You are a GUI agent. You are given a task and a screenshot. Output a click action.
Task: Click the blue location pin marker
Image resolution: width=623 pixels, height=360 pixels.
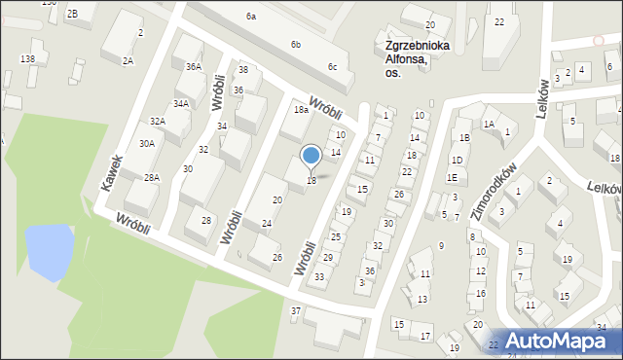point(311,157)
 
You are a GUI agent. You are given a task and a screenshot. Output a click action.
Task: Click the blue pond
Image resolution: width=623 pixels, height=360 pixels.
point(49,249)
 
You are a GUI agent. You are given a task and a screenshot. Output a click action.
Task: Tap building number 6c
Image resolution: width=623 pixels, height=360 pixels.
point(333,66)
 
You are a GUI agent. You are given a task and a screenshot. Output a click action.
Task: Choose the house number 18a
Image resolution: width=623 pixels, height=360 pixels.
point(302,110)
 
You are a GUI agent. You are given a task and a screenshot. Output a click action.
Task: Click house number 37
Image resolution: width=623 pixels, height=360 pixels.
point(296,310)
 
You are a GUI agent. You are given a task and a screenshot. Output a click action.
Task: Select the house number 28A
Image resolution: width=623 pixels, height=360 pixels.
point(152,177)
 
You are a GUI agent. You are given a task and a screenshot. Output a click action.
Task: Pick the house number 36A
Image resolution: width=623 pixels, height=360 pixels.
point(194,66)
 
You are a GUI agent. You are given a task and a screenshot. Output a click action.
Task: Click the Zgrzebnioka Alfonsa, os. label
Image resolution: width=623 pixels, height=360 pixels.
point(416,57)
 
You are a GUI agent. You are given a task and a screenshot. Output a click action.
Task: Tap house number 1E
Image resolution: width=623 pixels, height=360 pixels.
point(452,178)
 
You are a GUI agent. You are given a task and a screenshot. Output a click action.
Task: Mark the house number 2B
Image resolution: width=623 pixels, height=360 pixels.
point(73,13)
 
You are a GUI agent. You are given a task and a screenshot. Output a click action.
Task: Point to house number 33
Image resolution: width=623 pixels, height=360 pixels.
point(319,277)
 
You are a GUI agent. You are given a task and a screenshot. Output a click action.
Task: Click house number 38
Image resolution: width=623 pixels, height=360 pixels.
point(243,69)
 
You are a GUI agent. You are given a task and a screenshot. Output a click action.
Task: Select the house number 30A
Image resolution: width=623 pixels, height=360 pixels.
point(146,143)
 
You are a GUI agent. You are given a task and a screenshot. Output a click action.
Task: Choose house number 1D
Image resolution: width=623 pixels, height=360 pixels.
point(456,160)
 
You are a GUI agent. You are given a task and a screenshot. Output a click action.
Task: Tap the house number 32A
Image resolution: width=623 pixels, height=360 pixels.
point(157,121)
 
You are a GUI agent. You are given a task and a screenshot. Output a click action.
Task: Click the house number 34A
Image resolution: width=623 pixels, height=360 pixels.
point(181,102)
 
